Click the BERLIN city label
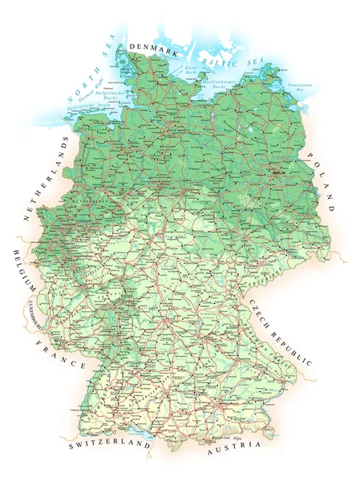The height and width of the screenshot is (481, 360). pos(279,172)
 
